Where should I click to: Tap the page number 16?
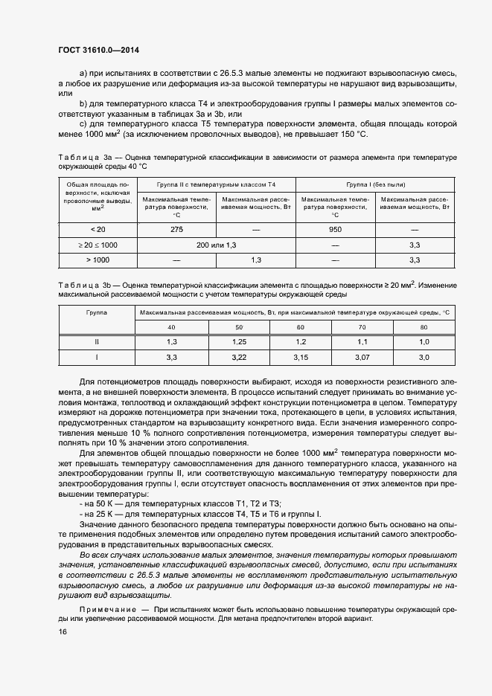(x=62, y=632)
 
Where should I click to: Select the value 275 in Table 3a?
(x=176, y=229)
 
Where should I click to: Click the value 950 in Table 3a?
(x=335, y=229)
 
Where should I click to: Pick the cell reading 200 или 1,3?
(x=216, y=245)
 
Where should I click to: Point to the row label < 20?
(x=97, y=229)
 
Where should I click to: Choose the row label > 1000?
(x=97, y=260)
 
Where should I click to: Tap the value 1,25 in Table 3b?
(x=239, y=341)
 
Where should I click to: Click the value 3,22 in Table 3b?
(x=239, y=358)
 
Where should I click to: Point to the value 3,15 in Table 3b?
(x=301, y=358)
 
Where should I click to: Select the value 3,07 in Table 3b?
(x=362, y=358)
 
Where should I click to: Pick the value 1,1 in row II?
(x=362, y=341)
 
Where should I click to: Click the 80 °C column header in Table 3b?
(x=424, y=326)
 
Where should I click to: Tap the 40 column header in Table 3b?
(x=171, y=326)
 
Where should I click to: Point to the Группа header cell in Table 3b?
(x=97, y=313)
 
